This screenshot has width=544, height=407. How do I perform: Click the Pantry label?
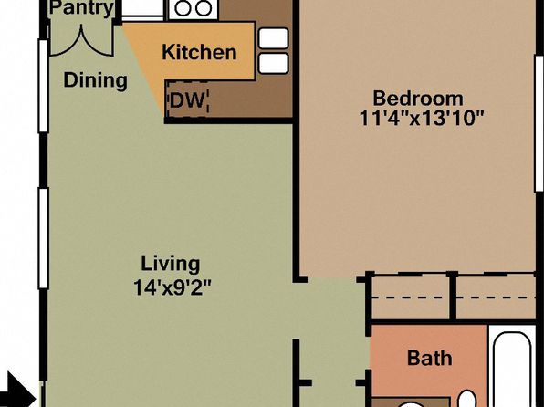point(82,8)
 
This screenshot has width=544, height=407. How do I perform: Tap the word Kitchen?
point(199,52)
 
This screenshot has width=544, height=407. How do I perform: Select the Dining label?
point(96,80)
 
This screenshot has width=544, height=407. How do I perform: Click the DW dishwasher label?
point(186,100)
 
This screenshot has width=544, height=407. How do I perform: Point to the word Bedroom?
point(418,99)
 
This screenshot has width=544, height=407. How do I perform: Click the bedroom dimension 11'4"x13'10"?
point(421,118)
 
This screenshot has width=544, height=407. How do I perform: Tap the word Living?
point(171,265)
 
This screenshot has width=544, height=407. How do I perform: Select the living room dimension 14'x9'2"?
point(173,287)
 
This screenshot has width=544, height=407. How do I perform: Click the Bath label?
point(430,358)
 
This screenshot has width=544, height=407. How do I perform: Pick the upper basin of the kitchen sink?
point(274,38)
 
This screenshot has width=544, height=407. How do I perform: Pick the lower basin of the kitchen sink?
point(274,63)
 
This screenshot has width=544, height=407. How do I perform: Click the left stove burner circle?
point(183,8)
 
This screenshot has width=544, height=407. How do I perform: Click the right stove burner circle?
point(204,8)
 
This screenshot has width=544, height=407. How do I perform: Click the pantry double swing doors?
point(82,41)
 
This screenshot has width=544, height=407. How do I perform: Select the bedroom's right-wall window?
point(539,123)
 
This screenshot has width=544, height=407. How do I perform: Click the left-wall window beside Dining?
point(44,86)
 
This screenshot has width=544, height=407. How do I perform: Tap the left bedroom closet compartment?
point(411,297)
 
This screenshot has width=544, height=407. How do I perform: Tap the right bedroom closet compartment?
point(496,297)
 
